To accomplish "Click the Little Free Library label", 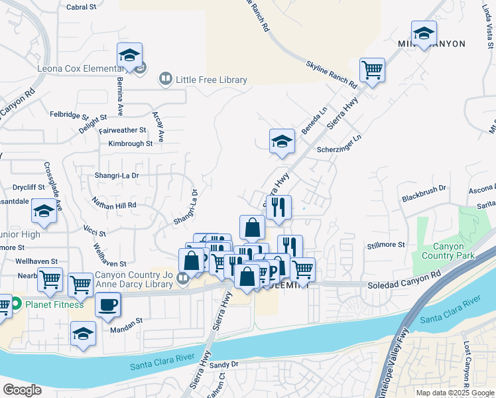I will (x=211, y=80).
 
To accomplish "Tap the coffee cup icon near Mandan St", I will (x=108, y=306).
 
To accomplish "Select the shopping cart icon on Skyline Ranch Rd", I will (x=373, y=69).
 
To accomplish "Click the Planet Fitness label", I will (x=54, y=304).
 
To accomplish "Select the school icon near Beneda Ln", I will (x=282, y=141).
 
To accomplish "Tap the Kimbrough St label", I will (x=130, y=143).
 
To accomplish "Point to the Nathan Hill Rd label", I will (x=114, y=205).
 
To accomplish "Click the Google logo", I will (x=22, y=389).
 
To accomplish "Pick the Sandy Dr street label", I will (x=223, y=365).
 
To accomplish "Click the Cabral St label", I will (x=82, y=7).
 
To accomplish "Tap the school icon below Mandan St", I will (x=83, y=333).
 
